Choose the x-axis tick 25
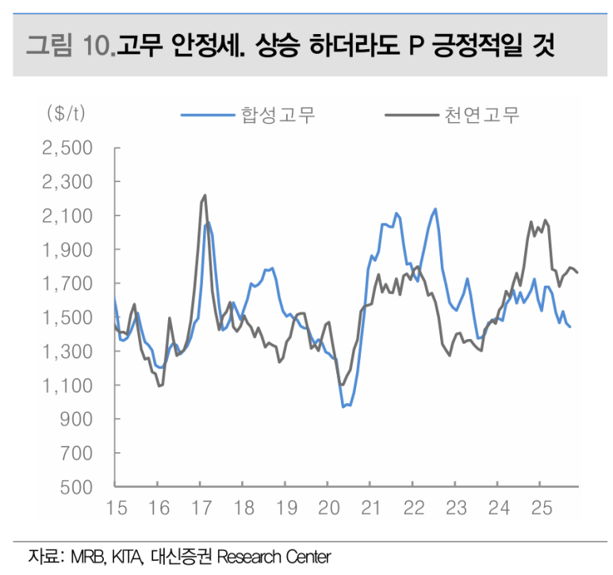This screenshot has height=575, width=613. tap(540, 508)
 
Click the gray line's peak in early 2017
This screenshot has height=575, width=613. tap(205, 195)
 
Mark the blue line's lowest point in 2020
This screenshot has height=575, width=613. tap(343, 406)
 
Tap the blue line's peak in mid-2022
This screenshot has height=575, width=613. tap(435, 209)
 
